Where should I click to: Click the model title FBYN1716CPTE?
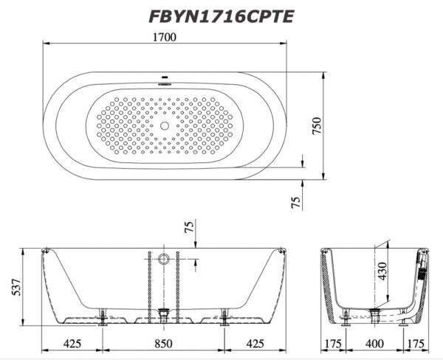tap(221, 17)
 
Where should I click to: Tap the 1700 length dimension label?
tap(164, 38)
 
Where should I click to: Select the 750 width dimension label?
tap(317, 125)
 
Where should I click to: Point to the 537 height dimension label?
tap(16, 287)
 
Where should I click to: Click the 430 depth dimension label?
tap(382, 271)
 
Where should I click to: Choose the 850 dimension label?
tap(163, 344)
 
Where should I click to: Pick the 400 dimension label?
tap(374, 344)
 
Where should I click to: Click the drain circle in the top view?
tap(165, 125)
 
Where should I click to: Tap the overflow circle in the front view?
tap(164, 259)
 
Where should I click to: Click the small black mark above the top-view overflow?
tap(165, 77)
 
